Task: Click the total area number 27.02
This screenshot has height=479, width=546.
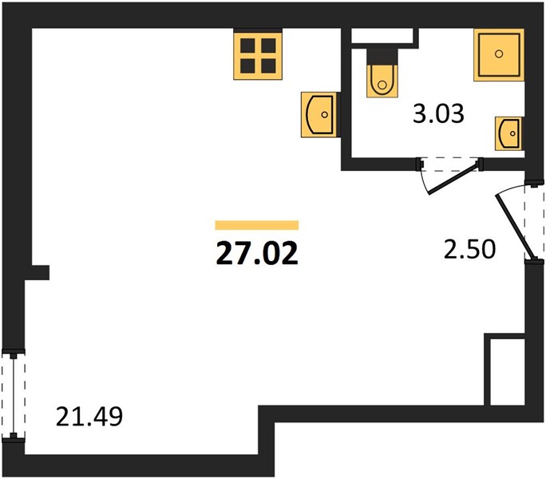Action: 257,254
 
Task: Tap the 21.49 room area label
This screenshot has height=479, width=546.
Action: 89,417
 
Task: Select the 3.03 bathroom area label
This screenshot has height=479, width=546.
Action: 438,113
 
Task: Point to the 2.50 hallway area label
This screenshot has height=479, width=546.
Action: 469,249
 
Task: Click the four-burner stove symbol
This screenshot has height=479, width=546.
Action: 258,56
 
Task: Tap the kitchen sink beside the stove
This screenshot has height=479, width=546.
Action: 318,114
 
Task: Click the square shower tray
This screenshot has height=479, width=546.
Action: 499,55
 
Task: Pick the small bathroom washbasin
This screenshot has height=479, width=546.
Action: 508,133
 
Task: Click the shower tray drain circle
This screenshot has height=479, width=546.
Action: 499,53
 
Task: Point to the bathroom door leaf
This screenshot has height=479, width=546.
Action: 453,179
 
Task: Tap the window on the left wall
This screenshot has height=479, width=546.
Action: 14,396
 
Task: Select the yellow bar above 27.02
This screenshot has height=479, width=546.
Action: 257,225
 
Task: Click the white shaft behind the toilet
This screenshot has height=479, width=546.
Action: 382,36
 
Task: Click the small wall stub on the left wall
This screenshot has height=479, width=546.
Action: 41,272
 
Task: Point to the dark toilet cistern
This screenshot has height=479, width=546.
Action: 382,57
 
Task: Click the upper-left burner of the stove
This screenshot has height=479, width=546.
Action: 247,46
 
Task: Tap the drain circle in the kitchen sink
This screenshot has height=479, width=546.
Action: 325,115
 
